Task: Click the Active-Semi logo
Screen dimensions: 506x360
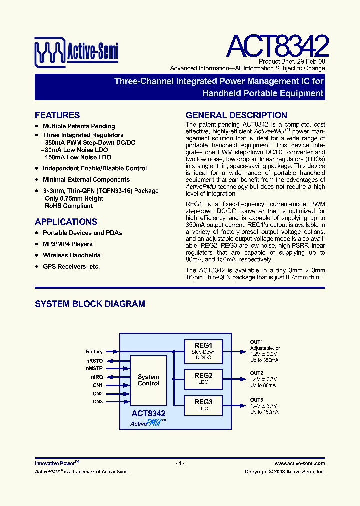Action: (x=76, y=50)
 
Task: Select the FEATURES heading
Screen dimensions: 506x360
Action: (x=57, y=115)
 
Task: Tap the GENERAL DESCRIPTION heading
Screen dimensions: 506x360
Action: (x=236, y=115)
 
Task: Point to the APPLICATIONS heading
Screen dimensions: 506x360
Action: (x=66, y=222)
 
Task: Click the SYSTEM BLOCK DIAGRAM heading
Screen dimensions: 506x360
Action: (x=90, y=304)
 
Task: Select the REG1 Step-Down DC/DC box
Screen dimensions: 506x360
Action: (x=203, y=351)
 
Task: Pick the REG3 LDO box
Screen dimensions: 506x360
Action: (x=203, y=405)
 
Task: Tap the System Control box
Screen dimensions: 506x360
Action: (x=148, y=380)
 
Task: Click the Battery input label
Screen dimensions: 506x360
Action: (x=94, y=352)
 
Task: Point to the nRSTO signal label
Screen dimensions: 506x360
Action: (x=94, y=360)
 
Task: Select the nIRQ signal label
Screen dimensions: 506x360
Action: (x=97, y=377)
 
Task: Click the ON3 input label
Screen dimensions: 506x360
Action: (x=97, y=402)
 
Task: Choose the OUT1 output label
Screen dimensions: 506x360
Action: (x=256, y=342)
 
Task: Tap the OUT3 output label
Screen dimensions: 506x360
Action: (x=256, y=400)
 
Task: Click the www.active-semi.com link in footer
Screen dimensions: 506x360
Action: (x=300, y=463)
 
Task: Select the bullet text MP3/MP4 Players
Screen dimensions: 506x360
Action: (x=68, y=244)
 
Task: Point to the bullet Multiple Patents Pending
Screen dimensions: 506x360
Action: (x=79, y=126)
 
